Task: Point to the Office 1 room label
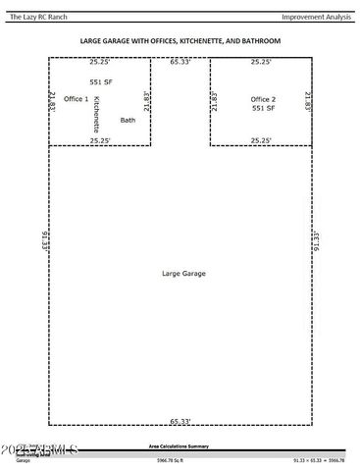coord(76,100)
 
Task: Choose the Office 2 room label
coord(263,100)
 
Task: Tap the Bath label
coord(128,120)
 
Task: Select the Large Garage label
coord(179,272)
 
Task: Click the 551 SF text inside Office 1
coord(101,82)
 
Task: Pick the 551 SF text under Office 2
coord(262,110)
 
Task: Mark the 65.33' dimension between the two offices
coord(180,62)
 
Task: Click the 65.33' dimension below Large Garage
coord(180,422)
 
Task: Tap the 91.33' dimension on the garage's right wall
coord(316,240)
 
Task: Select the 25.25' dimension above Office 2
coord(261,63)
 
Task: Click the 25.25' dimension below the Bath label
coord(100,140)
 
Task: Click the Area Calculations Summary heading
coord(179,445)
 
